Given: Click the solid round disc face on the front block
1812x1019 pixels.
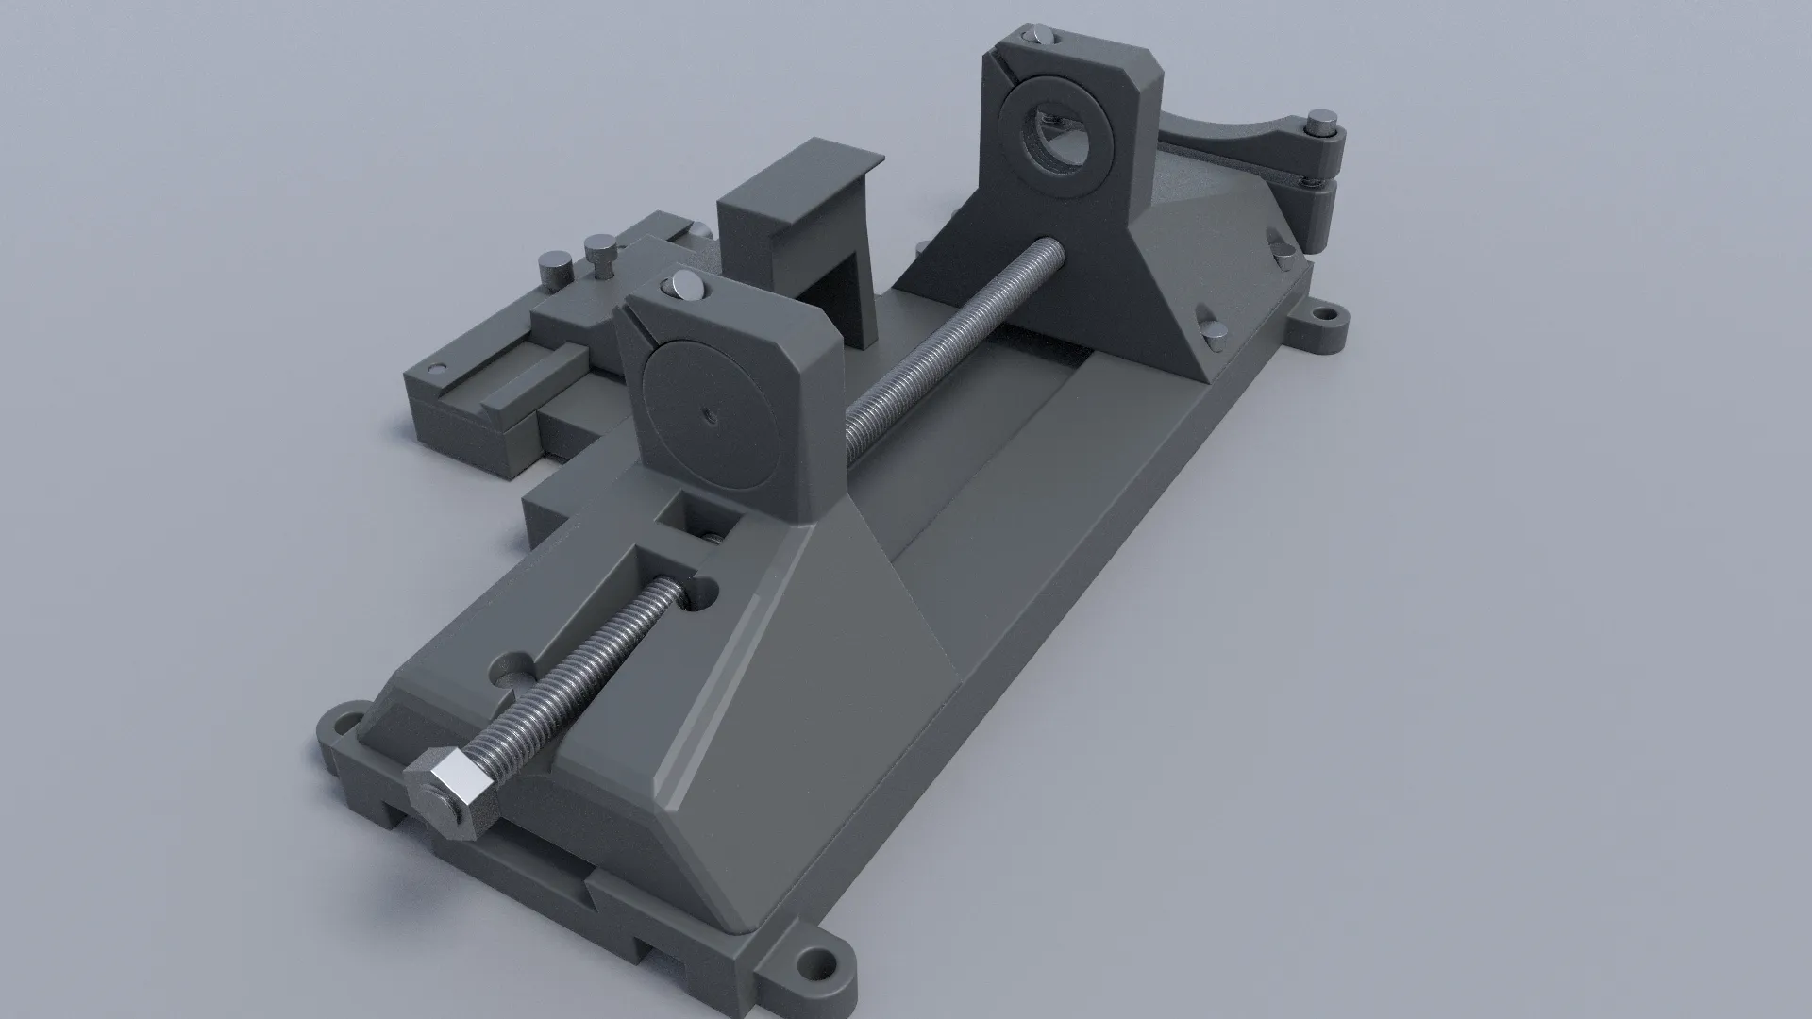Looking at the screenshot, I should tap(707, 414).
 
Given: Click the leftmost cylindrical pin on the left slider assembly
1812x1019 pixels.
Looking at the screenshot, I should tap(551, 267).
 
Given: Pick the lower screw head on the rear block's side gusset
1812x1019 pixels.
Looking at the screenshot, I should tap(1211, 323).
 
